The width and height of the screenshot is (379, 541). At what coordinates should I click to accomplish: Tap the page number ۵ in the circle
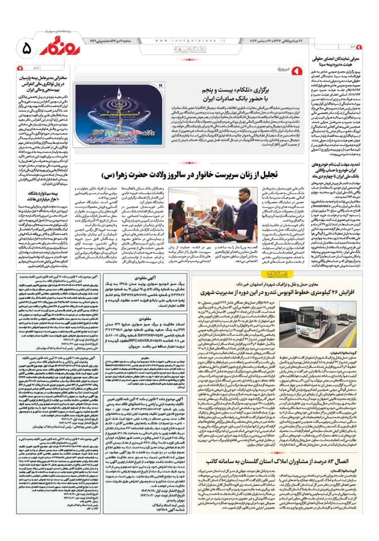click(25, 49)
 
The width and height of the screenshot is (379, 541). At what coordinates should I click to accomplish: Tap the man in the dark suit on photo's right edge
click(245, 211)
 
